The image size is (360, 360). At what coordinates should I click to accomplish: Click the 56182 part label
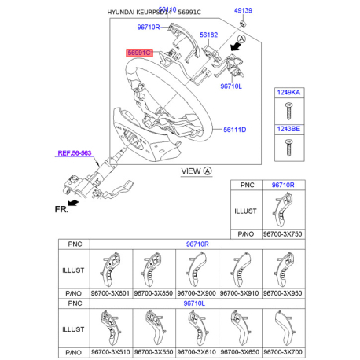[x=208, y=35]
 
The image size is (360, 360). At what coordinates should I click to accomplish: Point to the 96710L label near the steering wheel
[x=232, y=86]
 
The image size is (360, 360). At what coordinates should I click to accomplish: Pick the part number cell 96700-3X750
[x=282, y=234]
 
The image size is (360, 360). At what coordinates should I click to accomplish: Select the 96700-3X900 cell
[x=196, y=293]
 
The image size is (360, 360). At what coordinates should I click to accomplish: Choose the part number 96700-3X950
[x=281, y=293]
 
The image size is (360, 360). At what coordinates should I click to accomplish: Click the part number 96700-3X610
[x=196, y=352]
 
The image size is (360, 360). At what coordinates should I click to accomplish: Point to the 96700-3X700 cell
[x=281, y=352]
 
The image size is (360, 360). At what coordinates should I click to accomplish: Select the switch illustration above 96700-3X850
[x=153, y=267]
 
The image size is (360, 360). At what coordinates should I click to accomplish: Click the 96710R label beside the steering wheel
[x=148, y=28]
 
